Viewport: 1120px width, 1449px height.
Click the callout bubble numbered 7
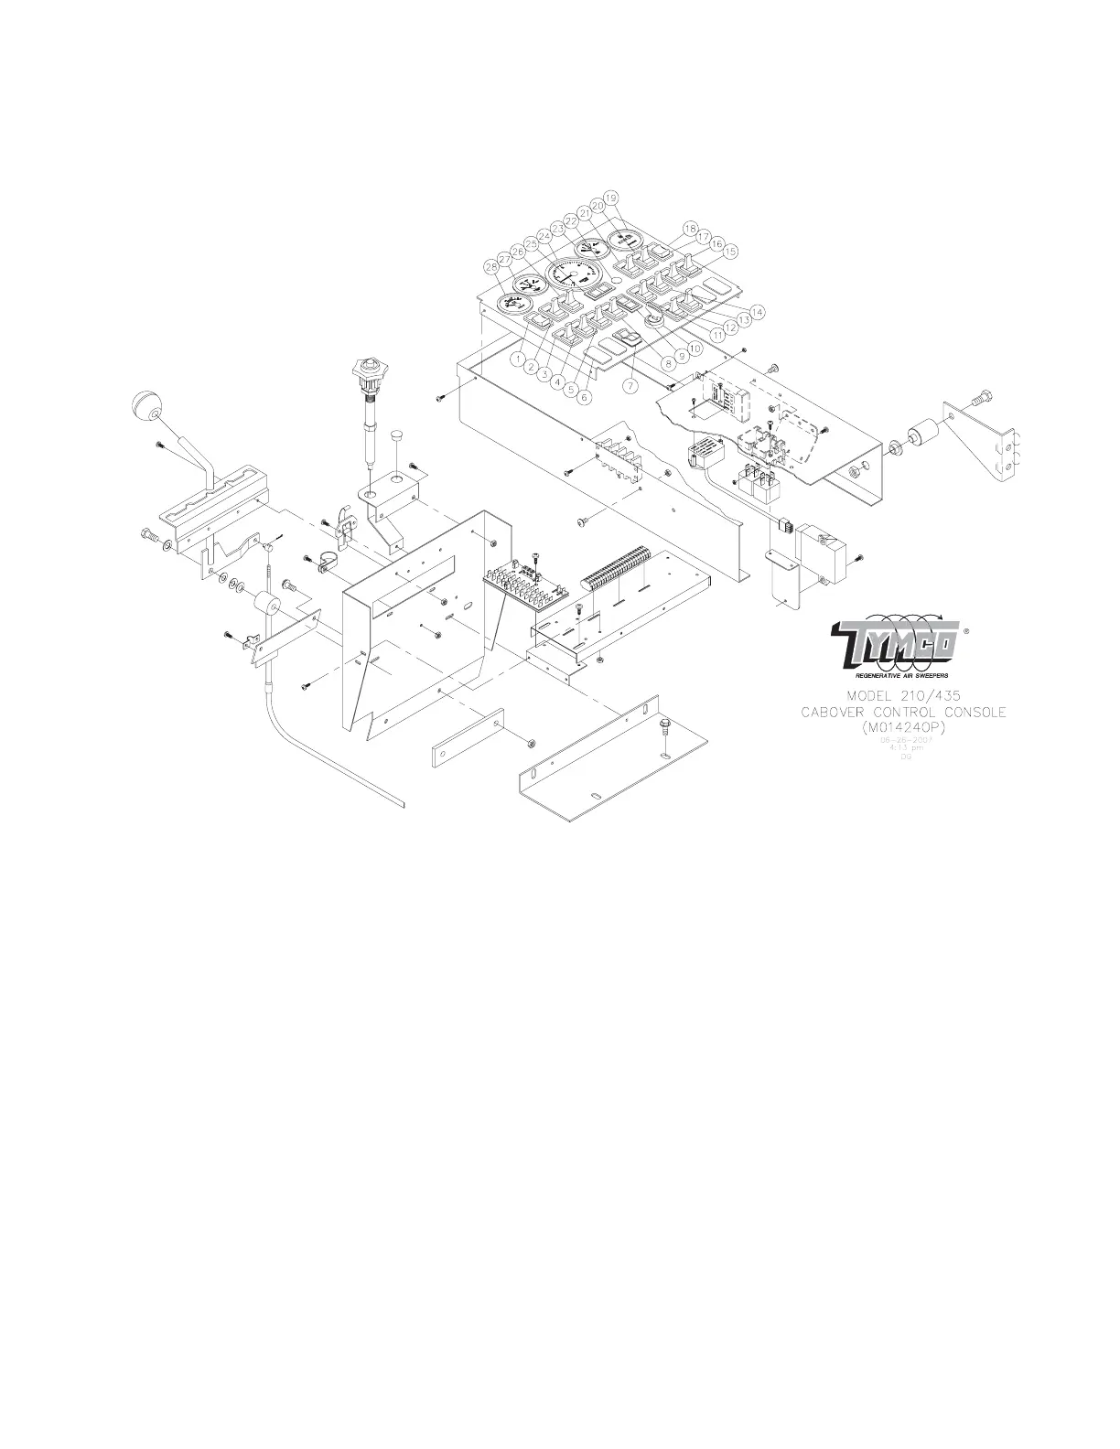630,386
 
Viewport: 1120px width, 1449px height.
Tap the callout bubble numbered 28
493,267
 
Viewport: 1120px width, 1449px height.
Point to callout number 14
758,312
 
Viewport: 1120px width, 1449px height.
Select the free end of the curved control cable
403,805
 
